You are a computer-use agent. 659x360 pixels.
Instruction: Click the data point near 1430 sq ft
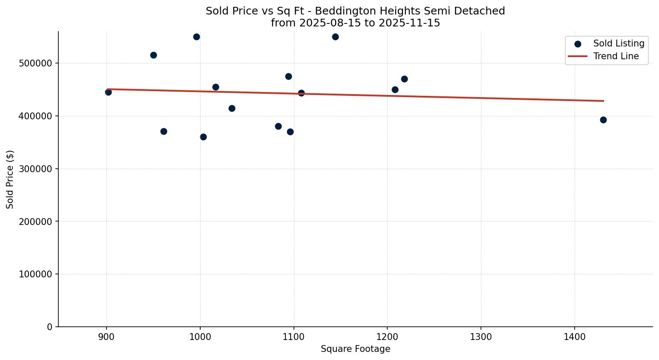click(603, 120)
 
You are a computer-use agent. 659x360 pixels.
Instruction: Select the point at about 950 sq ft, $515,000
click(153, 55)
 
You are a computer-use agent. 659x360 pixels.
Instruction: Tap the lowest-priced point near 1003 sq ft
click(203, 137)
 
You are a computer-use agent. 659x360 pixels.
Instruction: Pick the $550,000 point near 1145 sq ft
click(335, 37)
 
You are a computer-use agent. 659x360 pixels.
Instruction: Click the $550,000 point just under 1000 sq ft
click(196, 37)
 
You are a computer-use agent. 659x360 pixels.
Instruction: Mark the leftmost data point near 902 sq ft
click(108, 92)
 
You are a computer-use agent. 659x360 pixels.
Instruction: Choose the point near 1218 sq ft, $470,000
click(404, 79)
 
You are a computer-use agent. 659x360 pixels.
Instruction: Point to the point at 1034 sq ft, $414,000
click(232, 108)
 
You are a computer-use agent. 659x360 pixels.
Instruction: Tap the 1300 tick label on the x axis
click(481, 337)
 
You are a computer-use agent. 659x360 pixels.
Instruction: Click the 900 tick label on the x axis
click(106, 337)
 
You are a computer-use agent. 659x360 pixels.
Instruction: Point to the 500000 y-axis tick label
click(35, 63)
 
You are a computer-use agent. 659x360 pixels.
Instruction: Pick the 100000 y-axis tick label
click(35, 274)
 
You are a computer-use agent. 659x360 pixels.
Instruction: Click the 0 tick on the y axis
click(50, 327)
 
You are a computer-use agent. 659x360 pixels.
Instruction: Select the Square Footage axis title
click(355, 349)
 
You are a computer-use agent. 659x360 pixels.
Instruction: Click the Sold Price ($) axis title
click(10, 179)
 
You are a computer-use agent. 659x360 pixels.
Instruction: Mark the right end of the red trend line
click(604, 101)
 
